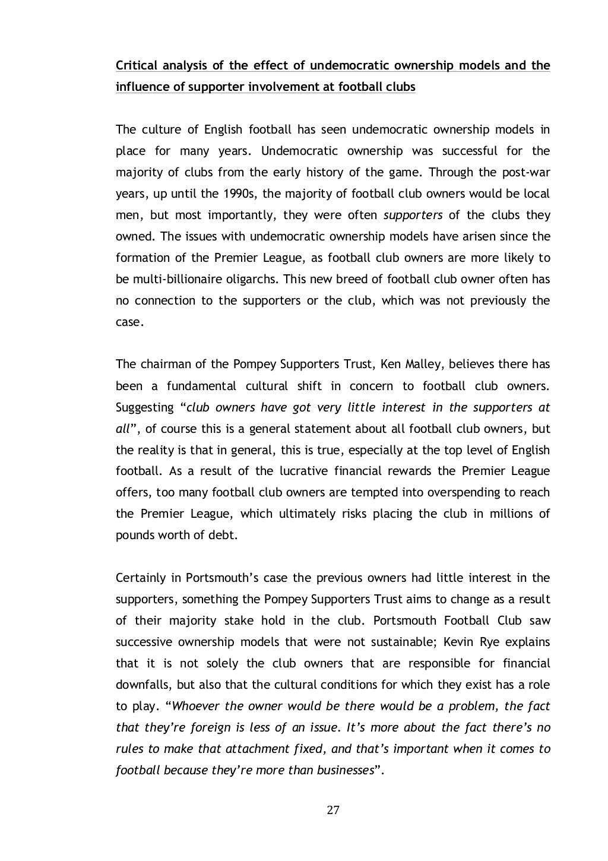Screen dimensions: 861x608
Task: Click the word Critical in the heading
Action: coord(137,65)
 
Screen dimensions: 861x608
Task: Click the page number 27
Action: coord(332,811)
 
